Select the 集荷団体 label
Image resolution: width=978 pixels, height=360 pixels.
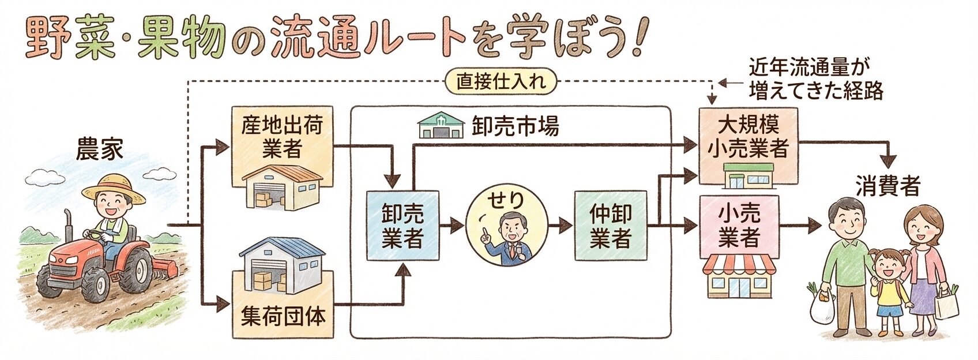coord(283,316)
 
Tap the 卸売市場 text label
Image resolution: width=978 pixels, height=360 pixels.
coord(515,127)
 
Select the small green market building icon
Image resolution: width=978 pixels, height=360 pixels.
coord(441,126)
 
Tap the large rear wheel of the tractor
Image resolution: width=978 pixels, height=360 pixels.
coord(136,269)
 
